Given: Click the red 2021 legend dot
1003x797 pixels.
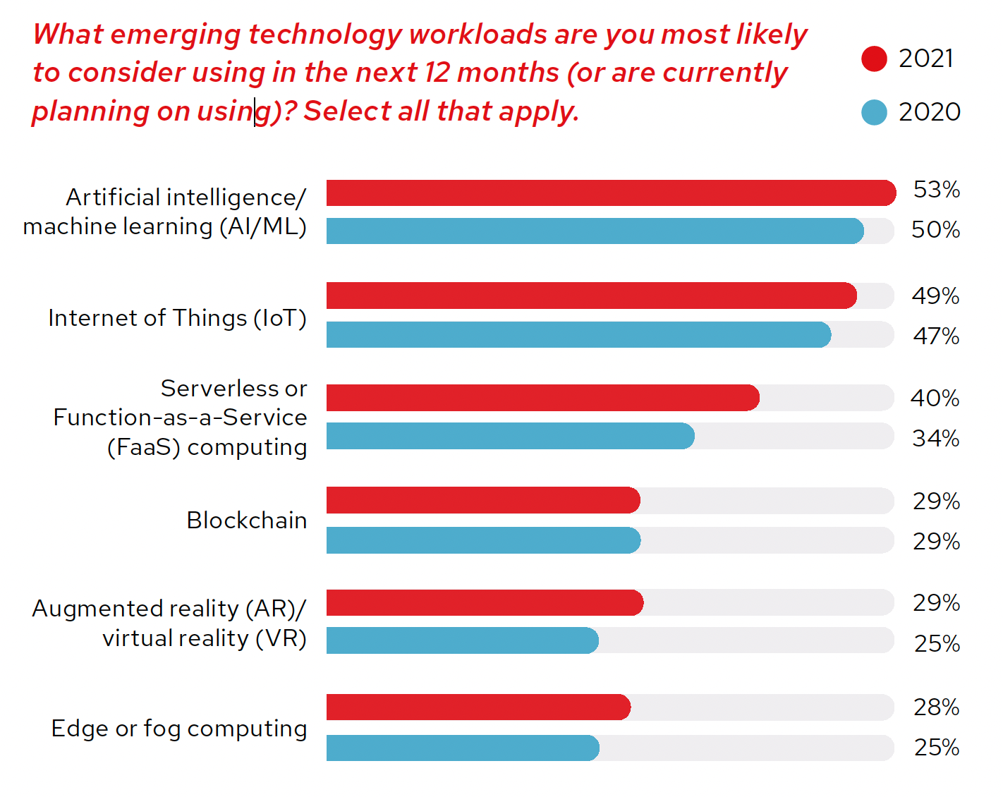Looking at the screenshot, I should click(x=874, y=59).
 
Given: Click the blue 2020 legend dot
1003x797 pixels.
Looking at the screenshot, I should click(x=874, y=112).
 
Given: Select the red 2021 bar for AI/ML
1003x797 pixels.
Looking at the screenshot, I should click(x=610, y=193).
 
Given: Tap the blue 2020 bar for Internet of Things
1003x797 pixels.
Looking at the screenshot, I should click(x=578, y=335).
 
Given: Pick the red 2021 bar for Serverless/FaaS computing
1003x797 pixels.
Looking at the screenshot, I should click(x=542, y=398).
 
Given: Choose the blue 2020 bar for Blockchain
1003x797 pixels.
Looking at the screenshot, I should click(x=483, y=541).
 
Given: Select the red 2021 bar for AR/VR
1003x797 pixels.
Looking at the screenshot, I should click(x=485, y=603).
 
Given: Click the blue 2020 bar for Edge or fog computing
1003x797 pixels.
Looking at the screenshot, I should click(x=463, y=748).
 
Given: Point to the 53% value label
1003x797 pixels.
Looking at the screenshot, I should click(x=936, y=190).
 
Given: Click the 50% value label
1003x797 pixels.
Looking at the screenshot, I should click(x=935, y=230).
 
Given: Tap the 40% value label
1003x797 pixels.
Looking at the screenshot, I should click(x=935, y=399).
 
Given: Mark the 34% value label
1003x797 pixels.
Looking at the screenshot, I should click(x=935, y=439).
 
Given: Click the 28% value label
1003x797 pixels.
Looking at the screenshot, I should click(x=936, y=707).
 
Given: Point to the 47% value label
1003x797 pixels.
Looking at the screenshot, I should click(x=936, y=336).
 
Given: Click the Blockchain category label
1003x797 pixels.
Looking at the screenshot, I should click(x=246, y=521).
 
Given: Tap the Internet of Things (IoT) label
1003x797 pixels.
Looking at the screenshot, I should click(x=177, y=318).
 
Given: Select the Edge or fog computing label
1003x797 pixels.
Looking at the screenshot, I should click(x=179, y=729).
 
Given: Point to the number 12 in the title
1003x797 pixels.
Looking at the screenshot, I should click(x=437, y=73).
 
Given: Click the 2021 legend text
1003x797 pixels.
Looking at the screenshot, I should click(x=926, y=59).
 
